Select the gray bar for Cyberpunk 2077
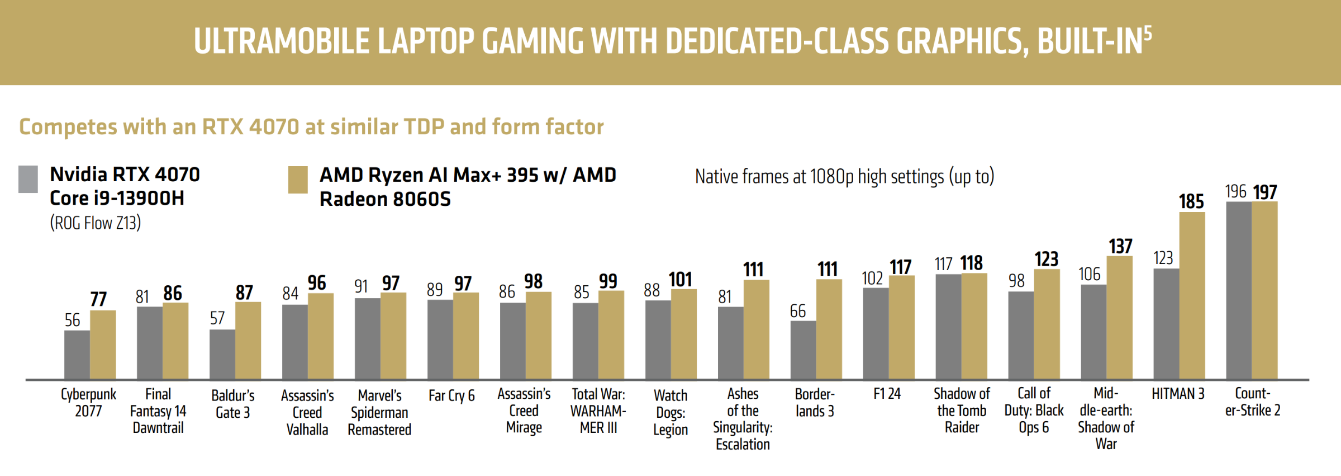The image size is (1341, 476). [x=77, y=355]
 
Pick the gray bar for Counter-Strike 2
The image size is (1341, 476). [x=1239, y=290]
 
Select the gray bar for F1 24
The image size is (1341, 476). [x=876, y=333]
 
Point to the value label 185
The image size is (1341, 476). [x=1191, y=201]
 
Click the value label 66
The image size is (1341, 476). [x=798, y=311]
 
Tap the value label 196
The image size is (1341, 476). [x=1235, y=191]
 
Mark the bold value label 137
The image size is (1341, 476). [x=1120, y=246]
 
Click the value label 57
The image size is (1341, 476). [x=217, y=318]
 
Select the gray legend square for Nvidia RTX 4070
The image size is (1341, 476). [x=28, y=179]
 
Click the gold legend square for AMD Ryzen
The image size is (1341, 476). [x=298, y=180]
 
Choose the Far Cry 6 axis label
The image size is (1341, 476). [x=451, y=395]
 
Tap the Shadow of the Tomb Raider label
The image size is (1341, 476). [x=962, y=411]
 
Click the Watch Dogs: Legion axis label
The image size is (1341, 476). [x=670, y=412]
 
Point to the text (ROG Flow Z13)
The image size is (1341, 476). [x=96, y=223]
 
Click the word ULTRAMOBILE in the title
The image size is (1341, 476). [x=282, y=42]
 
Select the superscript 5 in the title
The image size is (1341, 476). [x=1147, y=34]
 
